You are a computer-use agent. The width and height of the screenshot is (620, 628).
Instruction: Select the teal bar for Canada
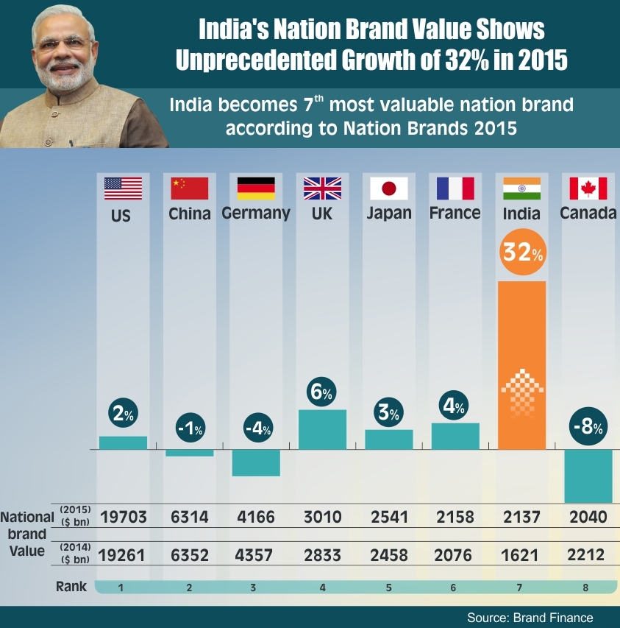tap(588, 476)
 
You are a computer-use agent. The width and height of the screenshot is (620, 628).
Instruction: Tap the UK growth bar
tap(322, 429)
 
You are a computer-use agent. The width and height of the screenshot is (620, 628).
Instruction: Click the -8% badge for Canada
tap(588, 427)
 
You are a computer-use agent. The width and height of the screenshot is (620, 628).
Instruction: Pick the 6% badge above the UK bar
tap(322, 392)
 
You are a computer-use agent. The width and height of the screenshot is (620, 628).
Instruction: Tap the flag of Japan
tap(389, 189)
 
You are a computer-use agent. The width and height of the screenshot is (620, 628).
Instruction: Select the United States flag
tap(123, 189)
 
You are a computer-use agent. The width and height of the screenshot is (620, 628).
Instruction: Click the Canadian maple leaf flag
tap(588, 189)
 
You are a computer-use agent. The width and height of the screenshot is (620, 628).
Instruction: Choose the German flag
tap(256, 189)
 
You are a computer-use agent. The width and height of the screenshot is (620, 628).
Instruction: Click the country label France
tap(455, 214)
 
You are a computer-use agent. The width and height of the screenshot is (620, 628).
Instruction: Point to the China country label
tap(190, 214)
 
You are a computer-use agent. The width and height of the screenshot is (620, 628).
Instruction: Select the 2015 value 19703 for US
tap(123, 517)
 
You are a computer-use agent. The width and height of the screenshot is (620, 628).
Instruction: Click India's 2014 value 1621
tap(521, 554)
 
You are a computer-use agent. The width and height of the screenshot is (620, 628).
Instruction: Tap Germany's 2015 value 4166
tap(255, 517)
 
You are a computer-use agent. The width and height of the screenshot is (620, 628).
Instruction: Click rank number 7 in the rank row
tap(521, 588)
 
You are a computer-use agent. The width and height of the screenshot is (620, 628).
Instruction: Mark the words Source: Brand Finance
tap(530, 617)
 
